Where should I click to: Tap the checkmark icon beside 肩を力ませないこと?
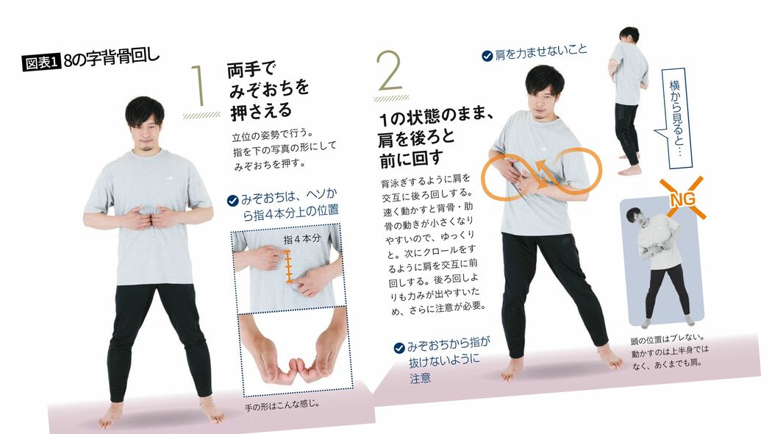(x=487, y=55)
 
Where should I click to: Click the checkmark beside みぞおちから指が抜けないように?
(x=399, y=346)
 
